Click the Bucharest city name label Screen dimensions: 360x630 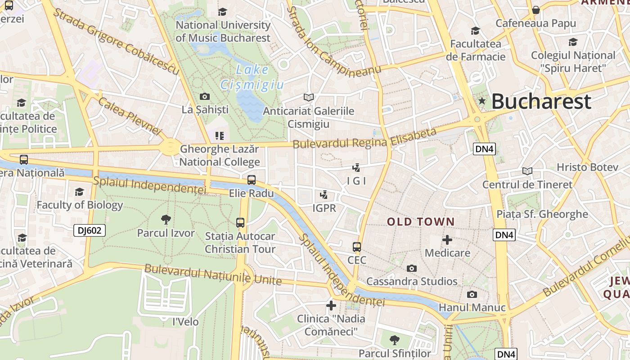541,102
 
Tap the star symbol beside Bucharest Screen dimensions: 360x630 482,101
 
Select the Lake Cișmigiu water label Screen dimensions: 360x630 252,77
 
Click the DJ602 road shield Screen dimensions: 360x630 90,231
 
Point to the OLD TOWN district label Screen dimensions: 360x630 421,221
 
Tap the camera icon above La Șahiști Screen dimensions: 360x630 205,96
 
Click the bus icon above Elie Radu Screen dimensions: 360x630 252,180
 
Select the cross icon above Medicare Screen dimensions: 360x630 447,240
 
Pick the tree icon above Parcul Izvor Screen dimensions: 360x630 166,220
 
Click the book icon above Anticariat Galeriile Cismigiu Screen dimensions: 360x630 308,97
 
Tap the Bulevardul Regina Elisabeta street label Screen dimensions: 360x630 364,138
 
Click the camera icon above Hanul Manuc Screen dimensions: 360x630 472,294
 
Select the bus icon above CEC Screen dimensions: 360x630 357,247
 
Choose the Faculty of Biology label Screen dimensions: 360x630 80,205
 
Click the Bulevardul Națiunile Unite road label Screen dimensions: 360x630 213,274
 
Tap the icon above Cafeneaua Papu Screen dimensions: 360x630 535,10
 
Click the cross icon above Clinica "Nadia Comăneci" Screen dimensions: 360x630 331,306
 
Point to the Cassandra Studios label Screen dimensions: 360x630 412,282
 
